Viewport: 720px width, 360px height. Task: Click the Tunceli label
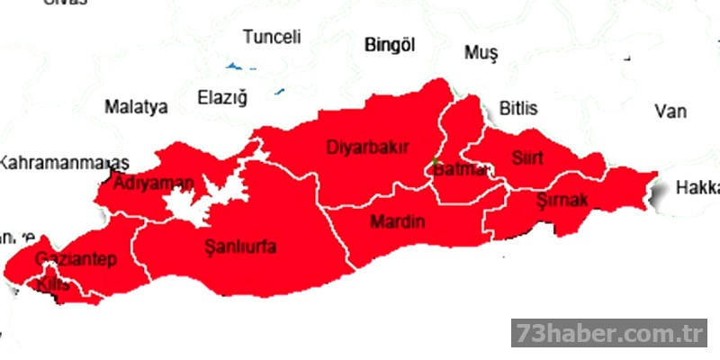(x=272, y=37)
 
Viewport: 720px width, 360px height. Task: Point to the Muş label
(x=481, y=53)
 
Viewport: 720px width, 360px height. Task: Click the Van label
(x=670, y=112)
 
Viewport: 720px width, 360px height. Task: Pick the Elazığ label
(x=221, y=96)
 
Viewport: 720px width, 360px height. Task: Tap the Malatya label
(x=136, y=107)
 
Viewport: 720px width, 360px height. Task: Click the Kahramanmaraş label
(x=63, y=163)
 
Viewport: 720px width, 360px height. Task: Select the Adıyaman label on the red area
(x=154, y=184)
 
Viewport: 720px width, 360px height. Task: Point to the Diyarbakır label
(x=368, y=147)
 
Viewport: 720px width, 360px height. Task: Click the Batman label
(x=459, y=169)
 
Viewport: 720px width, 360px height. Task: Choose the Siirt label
(x=527, y=159)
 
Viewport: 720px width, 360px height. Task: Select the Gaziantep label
(x=76, y=260)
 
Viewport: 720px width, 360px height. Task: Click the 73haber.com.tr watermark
(x=609, y=333)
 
